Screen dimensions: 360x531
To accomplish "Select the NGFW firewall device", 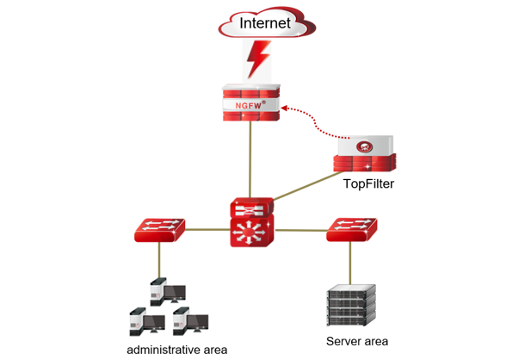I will pyautogui.click(x=250, y=102).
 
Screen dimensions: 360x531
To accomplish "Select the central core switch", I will pyautogui.click(x=251, y=222).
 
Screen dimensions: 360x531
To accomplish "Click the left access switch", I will pyautogui.click(x=160, y=229).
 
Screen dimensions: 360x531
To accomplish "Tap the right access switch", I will pyautogui.click(x=350, y=230).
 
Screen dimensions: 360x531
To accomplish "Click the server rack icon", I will pyautogui.click(x=349, y=305).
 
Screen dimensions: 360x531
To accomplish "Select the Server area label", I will pyautogui.click(x=356, y=342).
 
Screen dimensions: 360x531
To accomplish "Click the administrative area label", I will pyautogui.click(x=176, y=350).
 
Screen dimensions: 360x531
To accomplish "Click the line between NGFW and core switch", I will pyautogui.click(x=250, y=159).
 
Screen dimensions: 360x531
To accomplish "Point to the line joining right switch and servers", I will pyautogui.click(x=350, y=263).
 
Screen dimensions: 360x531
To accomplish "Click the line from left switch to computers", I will pyautogui.click(x=159, y=258).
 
